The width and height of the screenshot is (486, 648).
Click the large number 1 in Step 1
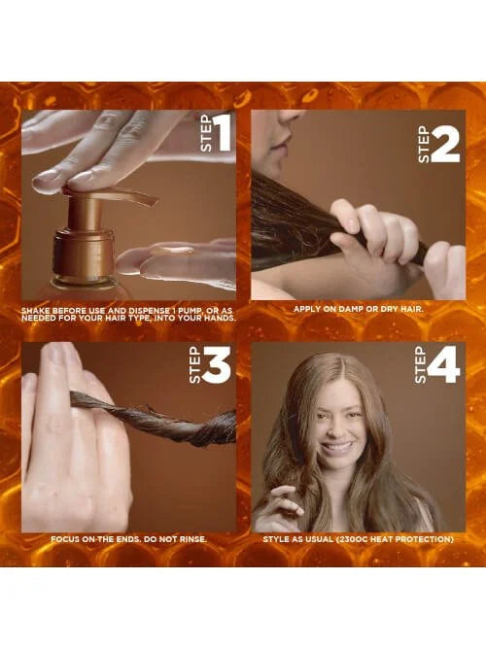pos(223,132)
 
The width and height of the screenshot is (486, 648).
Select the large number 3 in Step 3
pos(217,365)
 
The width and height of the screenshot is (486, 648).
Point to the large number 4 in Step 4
pos(444,365)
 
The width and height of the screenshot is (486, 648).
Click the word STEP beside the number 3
pos(194,365)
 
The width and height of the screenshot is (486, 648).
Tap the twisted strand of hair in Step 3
pos(153,417)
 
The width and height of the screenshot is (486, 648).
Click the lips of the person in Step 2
pos(276,145)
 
